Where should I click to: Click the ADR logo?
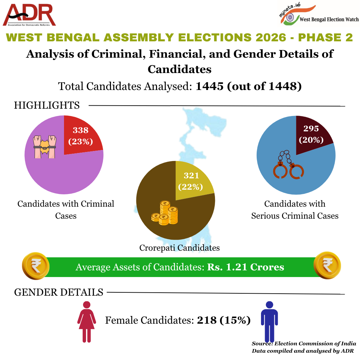pos(29,15)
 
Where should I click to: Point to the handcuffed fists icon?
pos(44,146)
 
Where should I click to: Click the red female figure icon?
pos(87,321)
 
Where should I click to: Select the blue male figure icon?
pos(269,321)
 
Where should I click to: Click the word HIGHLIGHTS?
pos(47,105)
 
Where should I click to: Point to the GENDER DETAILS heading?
pos(59,292)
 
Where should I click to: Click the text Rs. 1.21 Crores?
pos(245,267)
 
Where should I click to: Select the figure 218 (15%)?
pos(224,320)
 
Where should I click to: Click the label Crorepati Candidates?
pos(179,248)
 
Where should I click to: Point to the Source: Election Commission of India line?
pos(304,343)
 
